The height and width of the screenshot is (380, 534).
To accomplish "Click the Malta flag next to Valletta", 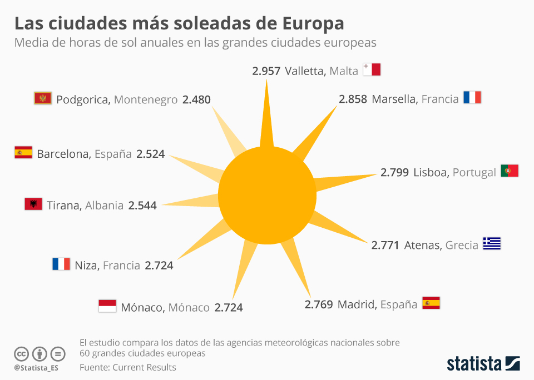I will click(372, 70).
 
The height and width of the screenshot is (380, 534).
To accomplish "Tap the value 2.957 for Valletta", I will click(266, 71).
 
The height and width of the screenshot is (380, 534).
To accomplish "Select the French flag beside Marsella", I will click(472, 98).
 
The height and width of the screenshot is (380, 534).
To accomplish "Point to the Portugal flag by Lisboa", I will click(510, 171).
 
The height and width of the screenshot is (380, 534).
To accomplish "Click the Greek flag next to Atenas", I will click(492, 244).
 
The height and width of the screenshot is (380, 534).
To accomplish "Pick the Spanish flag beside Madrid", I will click(431, 303).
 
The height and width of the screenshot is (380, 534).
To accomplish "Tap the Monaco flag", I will click(107, 306).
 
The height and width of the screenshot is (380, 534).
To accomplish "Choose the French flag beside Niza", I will click(61, 264).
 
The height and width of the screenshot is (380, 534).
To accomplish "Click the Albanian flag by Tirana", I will click(33, 204).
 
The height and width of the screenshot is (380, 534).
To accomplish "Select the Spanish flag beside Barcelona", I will click(23, 153).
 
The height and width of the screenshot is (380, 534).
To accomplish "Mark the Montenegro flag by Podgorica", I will click(43, 99).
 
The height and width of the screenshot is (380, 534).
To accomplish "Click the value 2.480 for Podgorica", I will click(197, 100).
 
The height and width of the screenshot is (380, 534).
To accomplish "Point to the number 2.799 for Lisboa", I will click(394, 172).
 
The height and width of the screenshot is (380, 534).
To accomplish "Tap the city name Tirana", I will click(63, 206).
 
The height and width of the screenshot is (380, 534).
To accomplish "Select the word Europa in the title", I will click(313, 24).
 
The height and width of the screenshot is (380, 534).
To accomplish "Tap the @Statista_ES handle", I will click(37, 368).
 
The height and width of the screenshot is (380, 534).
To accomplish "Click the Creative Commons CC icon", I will click(21, 353).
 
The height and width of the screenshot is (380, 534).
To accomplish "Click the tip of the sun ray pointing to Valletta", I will click(267, 81).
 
